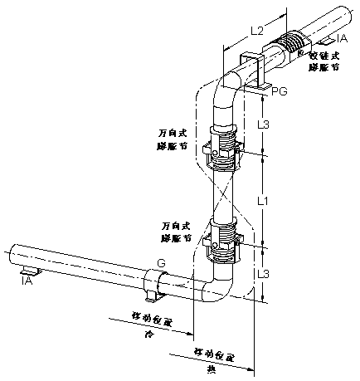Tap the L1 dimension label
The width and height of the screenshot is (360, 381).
(x=262, y=201)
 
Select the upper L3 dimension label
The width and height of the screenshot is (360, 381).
(x=262, y=125)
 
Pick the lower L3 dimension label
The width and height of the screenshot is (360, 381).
(x=262, y=273)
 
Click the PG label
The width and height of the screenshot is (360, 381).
(x=280, y=91)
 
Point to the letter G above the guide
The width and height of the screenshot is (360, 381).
(x=161, y=262)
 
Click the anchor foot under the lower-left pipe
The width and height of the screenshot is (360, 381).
(x=30, y=271)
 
